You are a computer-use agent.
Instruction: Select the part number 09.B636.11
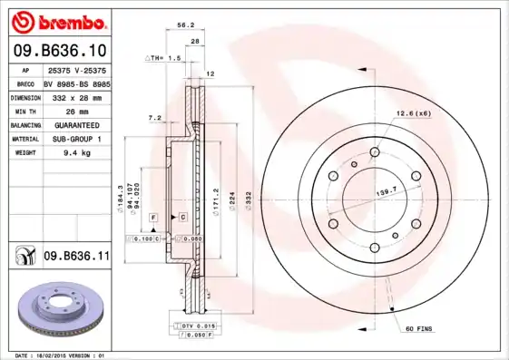click(76, 257)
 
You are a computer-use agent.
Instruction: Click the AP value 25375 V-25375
click(76, 70)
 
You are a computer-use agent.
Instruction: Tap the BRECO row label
click(26, 83)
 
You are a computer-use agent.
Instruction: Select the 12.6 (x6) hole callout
click(412, 112)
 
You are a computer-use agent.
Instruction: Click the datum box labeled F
click(154, 218)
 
